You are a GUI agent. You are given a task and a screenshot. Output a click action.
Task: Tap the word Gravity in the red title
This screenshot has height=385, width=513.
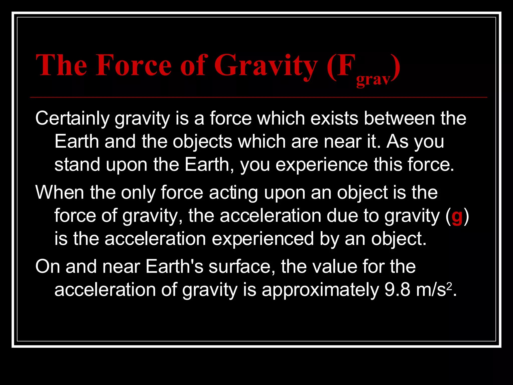click(x=266, y=66)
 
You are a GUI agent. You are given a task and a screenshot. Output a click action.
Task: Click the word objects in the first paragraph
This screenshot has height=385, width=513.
click(x=202, y=142)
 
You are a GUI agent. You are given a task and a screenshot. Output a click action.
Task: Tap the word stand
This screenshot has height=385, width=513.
click(x=77, y=165)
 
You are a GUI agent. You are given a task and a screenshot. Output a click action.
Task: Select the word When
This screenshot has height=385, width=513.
click(x=60, y=192)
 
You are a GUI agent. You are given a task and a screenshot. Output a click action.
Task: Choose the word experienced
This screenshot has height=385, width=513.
click(x=263, y=239)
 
